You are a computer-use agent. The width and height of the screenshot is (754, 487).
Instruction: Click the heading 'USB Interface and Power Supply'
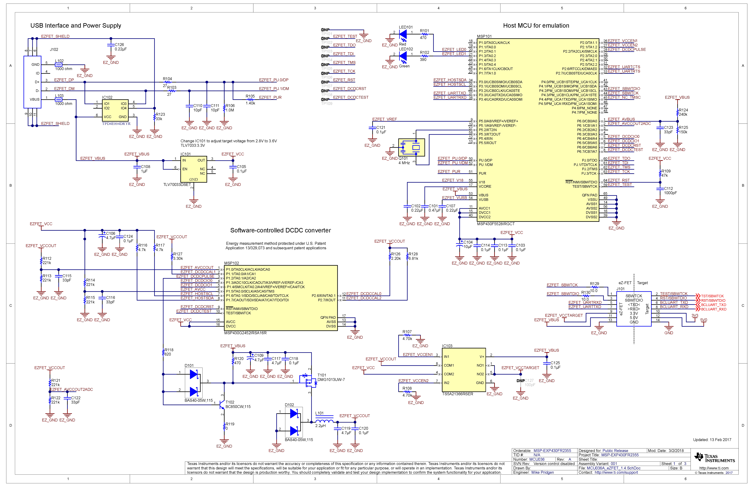point(76,26)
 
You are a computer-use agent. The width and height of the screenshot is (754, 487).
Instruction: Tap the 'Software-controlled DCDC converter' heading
point(280,231)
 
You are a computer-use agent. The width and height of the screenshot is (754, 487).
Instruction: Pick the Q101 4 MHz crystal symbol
point(411,147)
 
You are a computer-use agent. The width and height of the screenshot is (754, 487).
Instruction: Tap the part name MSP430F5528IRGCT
point(496,224)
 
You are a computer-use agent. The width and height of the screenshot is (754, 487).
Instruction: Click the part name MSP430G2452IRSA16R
point(245,333)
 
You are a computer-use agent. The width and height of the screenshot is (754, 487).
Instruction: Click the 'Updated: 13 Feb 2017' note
point(712,440)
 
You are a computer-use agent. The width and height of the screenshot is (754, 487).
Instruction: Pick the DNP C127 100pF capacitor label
point(526,383)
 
